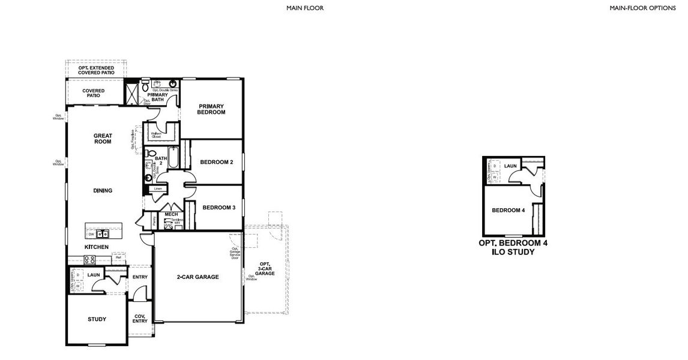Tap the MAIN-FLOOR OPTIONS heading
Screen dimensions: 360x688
(642, 8)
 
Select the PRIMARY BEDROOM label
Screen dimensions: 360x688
(211, 109)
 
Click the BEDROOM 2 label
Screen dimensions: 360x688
(216, 162)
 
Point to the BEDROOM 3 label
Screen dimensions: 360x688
(219, 208)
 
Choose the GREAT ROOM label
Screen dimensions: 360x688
(103, 139)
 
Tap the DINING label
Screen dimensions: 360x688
(103, 191)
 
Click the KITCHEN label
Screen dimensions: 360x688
(96, 247)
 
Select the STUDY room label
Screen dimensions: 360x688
(97, 319)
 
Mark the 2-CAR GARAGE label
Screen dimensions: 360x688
(198, 277)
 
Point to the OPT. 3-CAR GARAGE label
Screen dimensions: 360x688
(265, 268)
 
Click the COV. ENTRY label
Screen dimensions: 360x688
(140, 319)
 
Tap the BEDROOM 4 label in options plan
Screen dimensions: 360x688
(508, 211)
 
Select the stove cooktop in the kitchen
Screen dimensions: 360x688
(89, 260)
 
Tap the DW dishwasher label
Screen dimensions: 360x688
(91, 234)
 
